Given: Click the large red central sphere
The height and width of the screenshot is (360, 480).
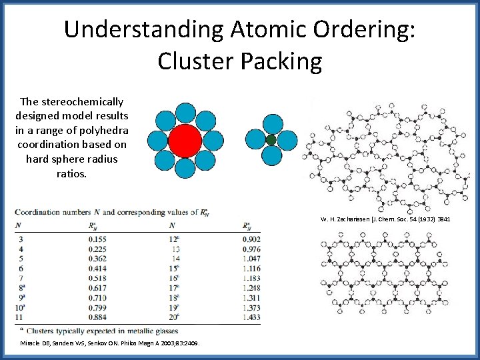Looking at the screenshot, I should point(185,140).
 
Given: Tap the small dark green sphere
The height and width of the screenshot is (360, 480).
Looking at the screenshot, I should point(271,140).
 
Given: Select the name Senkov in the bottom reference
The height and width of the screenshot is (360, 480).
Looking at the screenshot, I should point(104,343).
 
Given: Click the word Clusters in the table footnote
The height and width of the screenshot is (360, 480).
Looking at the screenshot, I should point(43,331).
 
